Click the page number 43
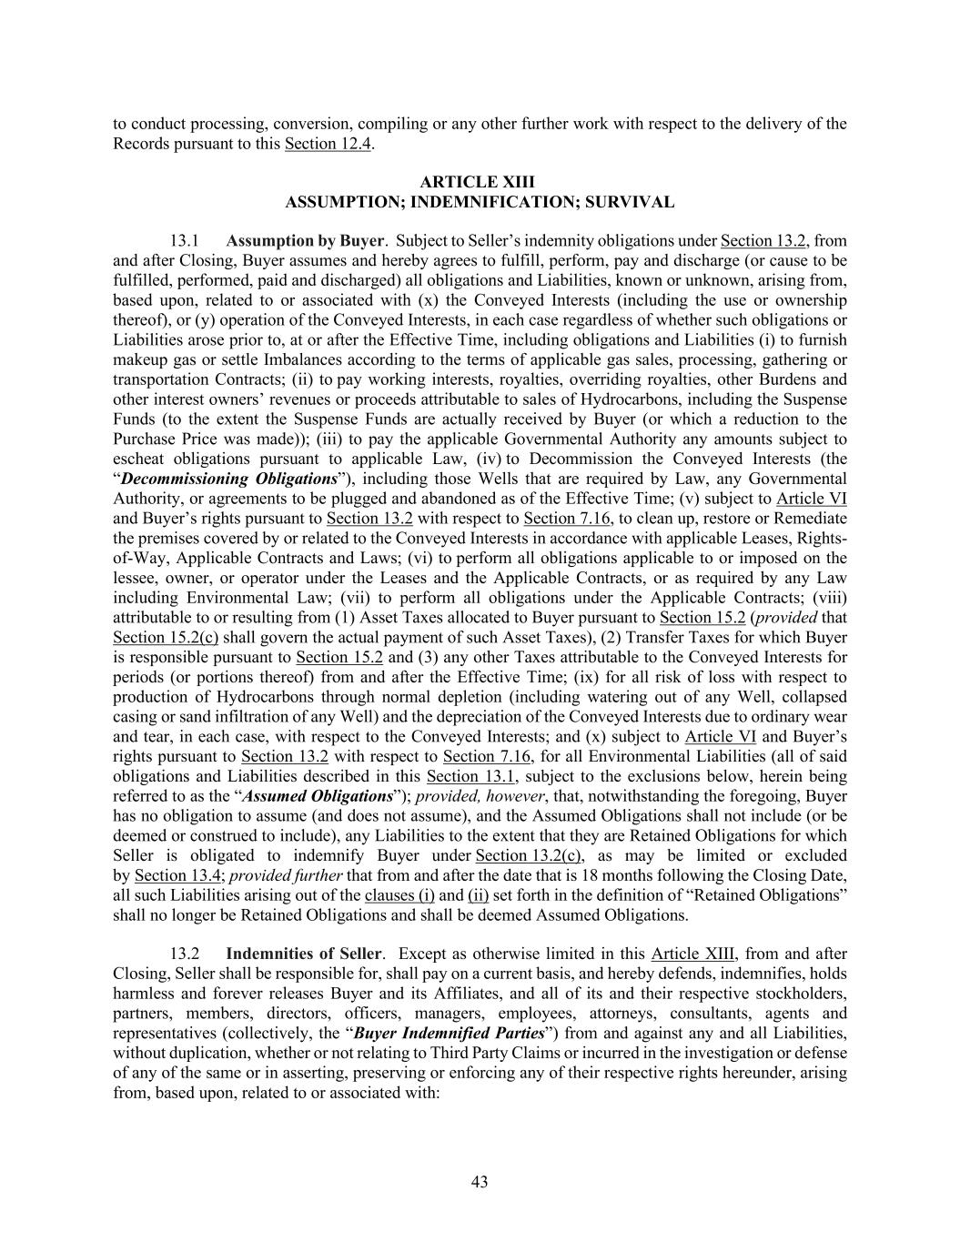[x=480, y=1182]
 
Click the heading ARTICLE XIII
[x=480, y=183]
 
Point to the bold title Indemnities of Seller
[x=304, y=954]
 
